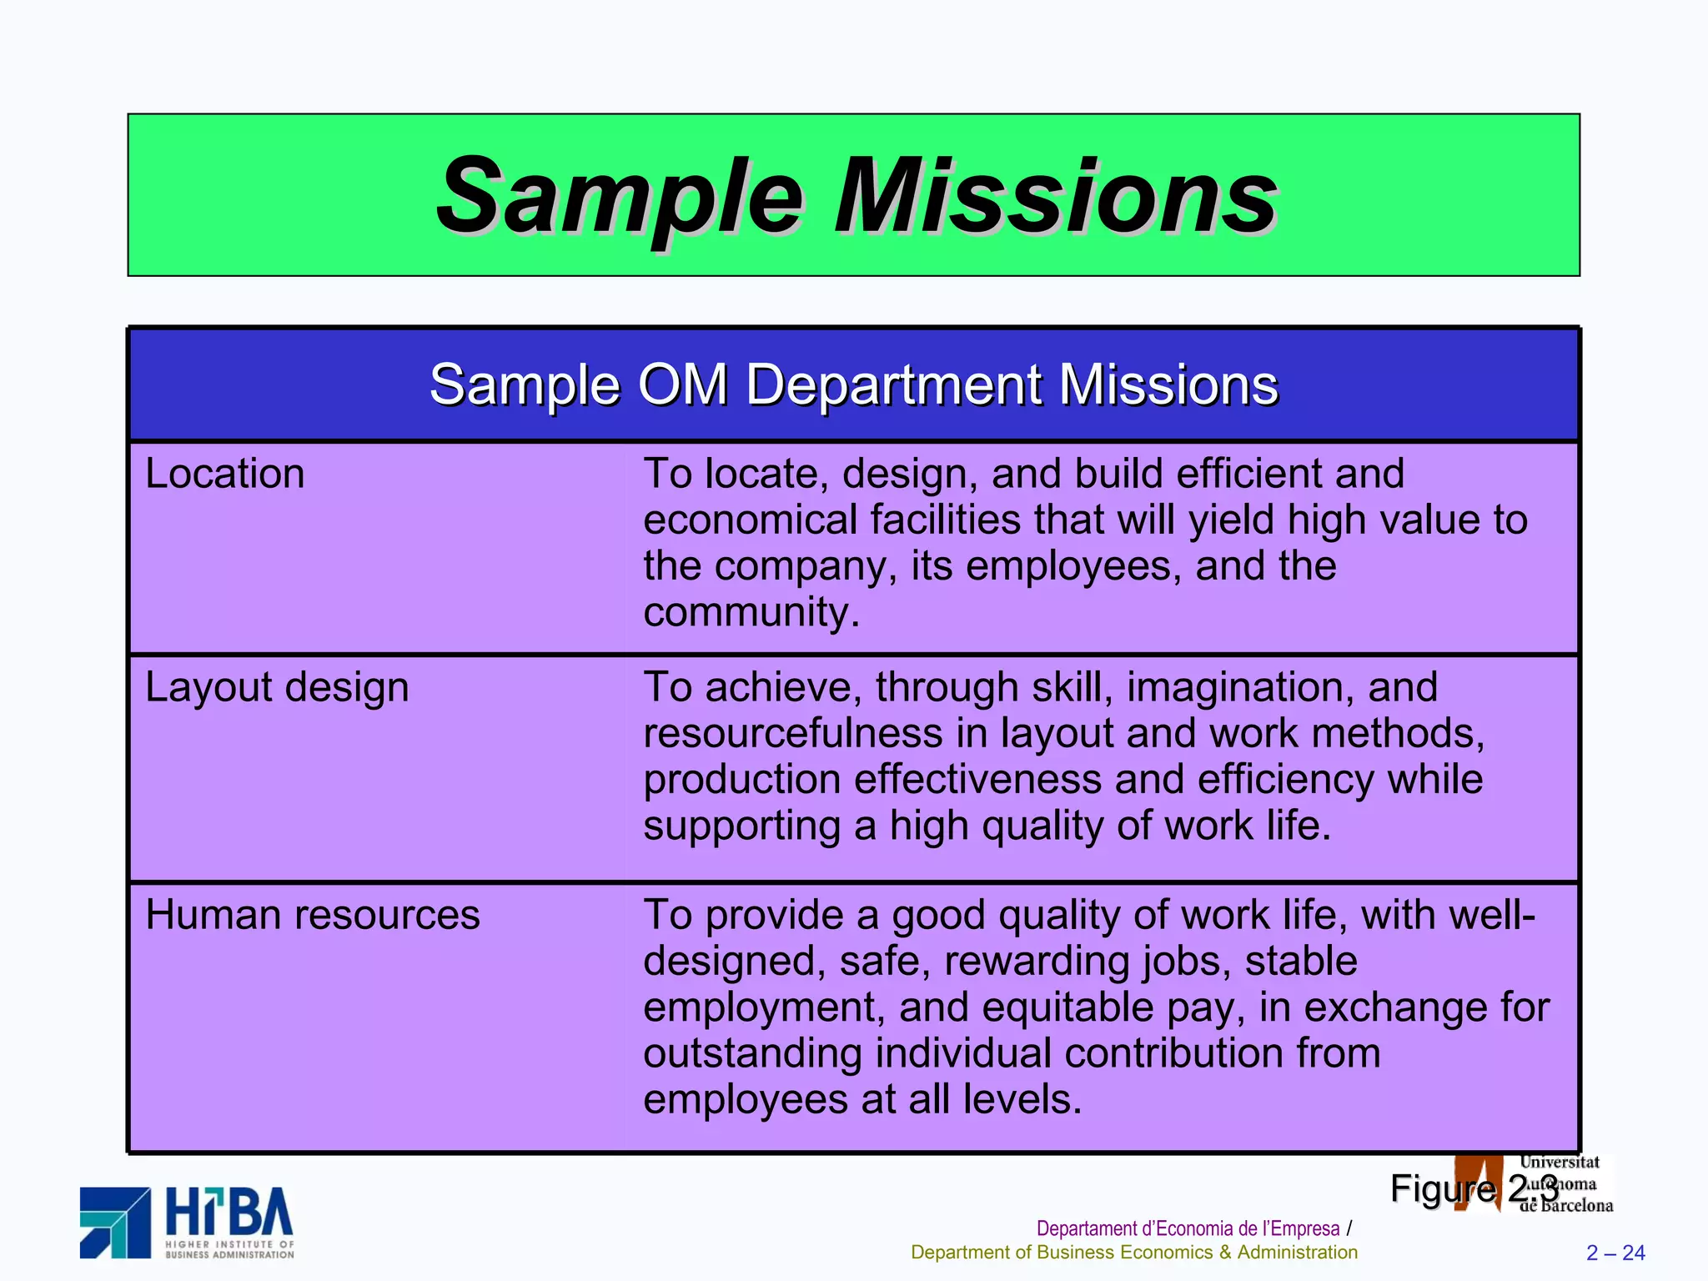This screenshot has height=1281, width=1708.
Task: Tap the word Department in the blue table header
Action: tap(893, 385)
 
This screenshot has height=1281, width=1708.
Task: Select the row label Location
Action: tap(224, 475)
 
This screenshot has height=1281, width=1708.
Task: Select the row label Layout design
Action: tap(277, 688)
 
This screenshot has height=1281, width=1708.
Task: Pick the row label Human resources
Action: tap(312, 916)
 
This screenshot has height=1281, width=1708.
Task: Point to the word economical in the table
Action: tap(750, 520)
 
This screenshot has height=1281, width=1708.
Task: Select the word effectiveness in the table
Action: tap(977, 780)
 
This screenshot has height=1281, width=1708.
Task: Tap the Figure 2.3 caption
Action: tap(1474, 1188)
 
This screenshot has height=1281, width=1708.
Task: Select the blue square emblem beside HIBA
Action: tap(115, 1223)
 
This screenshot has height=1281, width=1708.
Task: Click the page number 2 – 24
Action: tap(1615, 1253)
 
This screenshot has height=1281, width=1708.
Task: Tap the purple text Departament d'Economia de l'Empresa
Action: tap(1188, 1228)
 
